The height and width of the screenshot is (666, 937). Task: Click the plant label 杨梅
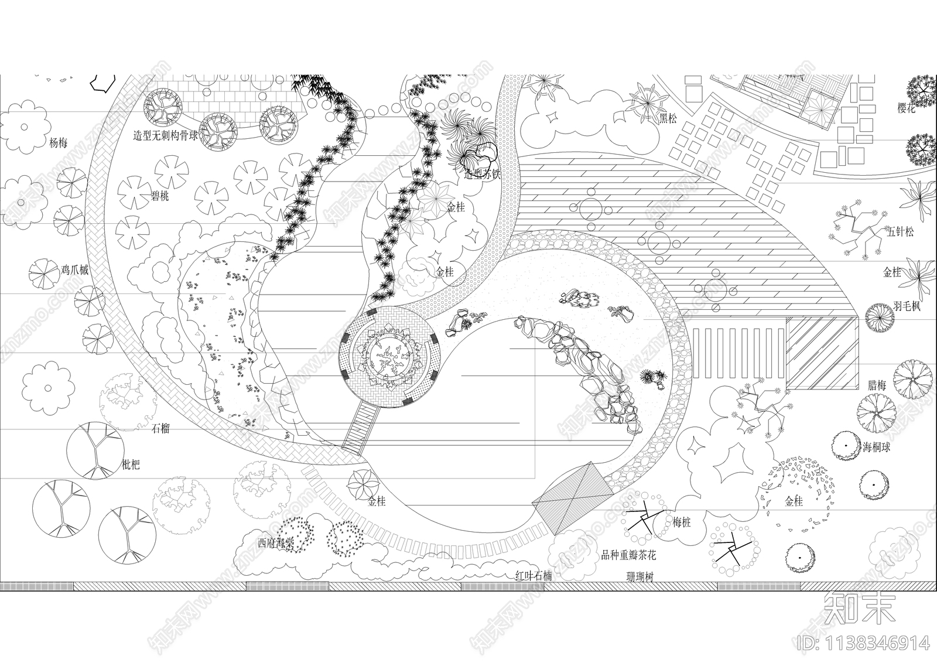(x=58, y=143)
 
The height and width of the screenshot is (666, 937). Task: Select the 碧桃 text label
(x=160, y=196)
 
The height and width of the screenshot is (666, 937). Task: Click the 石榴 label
(x=160, y=428)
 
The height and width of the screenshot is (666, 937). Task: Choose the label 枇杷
(x=131, y=466)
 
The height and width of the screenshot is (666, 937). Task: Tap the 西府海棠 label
(x=276, y=542)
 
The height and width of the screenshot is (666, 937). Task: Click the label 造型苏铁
(x=482, y=174)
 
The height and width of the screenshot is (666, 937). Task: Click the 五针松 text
(x=900, y=232)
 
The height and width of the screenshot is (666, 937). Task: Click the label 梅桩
(x=682, y=522)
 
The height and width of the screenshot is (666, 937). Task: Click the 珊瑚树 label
(x=640, y=577)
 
